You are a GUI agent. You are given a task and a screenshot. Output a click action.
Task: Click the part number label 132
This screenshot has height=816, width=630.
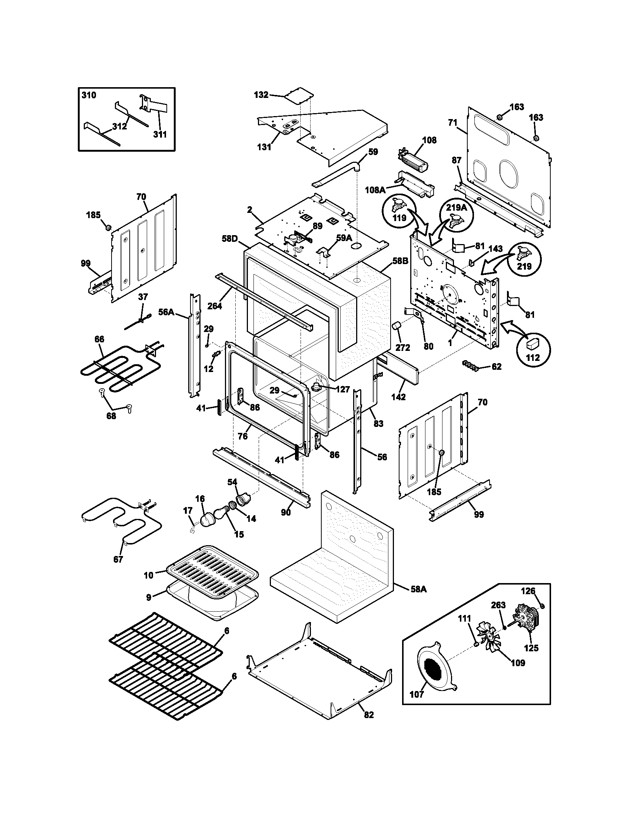[x=261, y=95]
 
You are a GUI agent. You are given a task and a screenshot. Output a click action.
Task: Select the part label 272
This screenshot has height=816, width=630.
[x=402, y=347]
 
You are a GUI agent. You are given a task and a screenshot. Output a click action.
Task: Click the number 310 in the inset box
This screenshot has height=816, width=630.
[x=89, y=95]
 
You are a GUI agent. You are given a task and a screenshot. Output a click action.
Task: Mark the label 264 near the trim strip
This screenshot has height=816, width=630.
[x=215, y=306]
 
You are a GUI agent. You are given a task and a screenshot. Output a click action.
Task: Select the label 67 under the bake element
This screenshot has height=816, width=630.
[x=118, y=570]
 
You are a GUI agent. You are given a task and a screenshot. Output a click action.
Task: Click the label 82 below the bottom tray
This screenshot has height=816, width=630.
[x=368, y=715]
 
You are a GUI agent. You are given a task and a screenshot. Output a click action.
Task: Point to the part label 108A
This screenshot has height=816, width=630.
[x=375, y=190]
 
